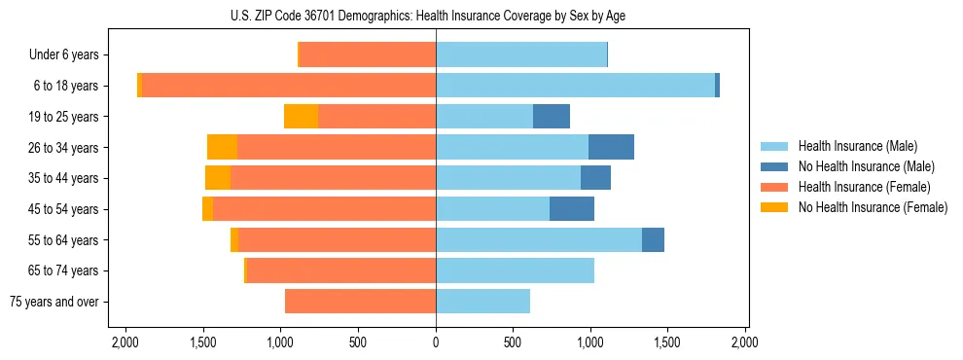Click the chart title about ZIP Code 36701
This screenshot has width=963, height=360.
435,16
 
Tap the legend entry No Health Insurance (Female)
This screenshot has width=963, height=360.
873,207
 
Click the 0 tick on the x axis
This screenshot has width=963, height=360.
436,343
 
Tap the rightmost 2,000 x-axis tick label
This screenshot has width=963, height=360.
745,343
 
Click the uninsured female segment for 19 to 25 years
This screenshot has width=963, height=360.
301,117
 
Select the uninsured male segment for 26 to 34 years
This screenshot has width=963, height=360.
611,147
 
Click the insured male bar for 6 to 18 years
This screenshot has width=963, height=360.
575,86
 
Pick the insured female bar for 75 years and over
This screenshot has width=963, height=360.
360,302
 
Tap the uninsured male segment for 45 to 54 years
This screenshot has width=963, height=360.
572,209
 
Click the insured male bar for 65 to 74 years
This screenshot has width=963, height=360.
515,270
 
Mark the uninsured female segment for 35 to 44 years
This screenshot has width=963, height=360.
218,178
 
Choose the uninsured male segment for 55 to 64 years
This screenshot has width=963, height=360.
653,239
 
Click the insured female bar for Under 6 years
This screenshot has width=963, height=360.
367,55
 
